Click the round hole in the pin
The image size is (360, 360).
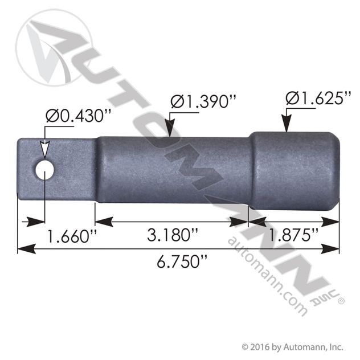coord(44,169)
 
